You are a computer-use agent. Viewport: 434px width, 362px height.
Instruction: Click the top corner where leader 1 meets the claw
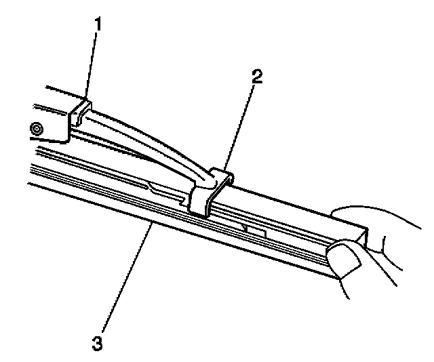point(85,99)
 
